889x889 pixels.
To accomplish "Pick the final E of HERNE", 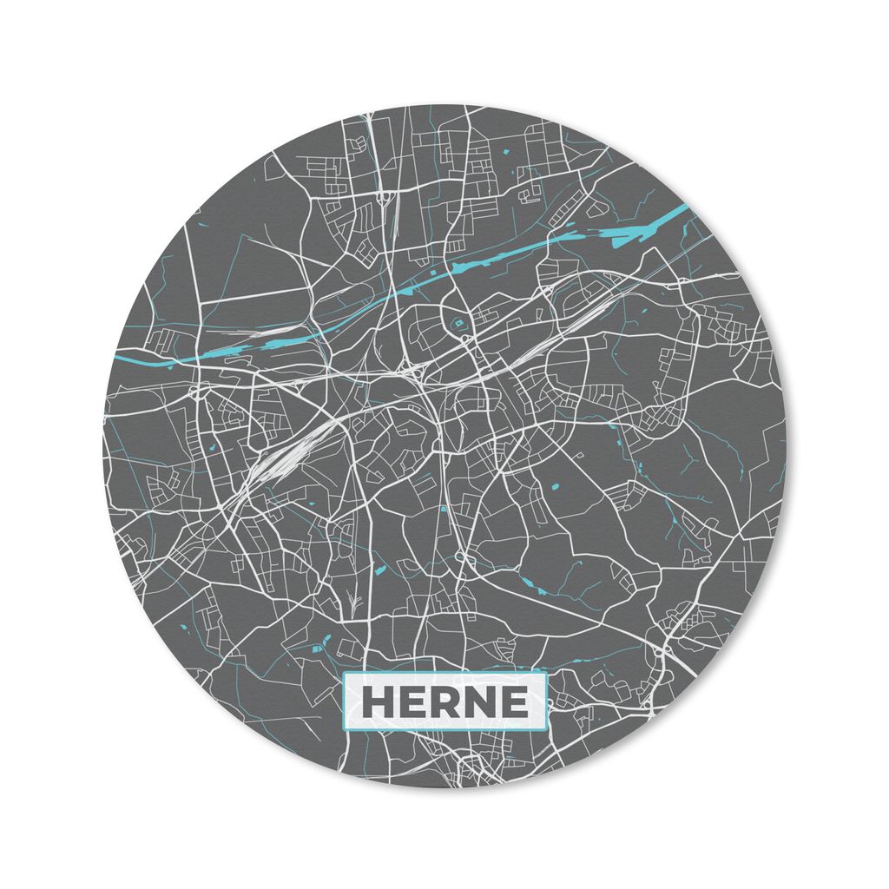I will click(x=511, y=702).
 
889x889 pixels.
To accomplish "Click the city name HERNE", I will click(x=444, y=702).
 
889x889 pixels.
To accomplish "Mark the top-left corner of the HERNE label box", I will click(x=345, y=675).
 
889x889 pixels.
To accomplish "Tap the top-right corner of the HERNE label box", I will click(x=546, y=675).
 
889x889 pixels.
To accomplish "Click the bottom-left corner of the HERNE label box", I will click(x=345, y=730).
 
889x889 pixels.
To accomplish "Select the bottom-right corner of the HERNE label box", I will click(x=546, y=730).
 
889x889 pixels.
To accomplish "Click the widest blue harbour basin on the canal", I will click(x=643, y=230).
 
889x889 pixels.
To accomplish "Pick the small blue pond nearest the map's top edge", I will click(x=503, y=154).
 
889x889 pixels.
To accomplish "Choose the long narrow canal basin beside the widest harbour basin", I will click(x=486, y=260).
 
